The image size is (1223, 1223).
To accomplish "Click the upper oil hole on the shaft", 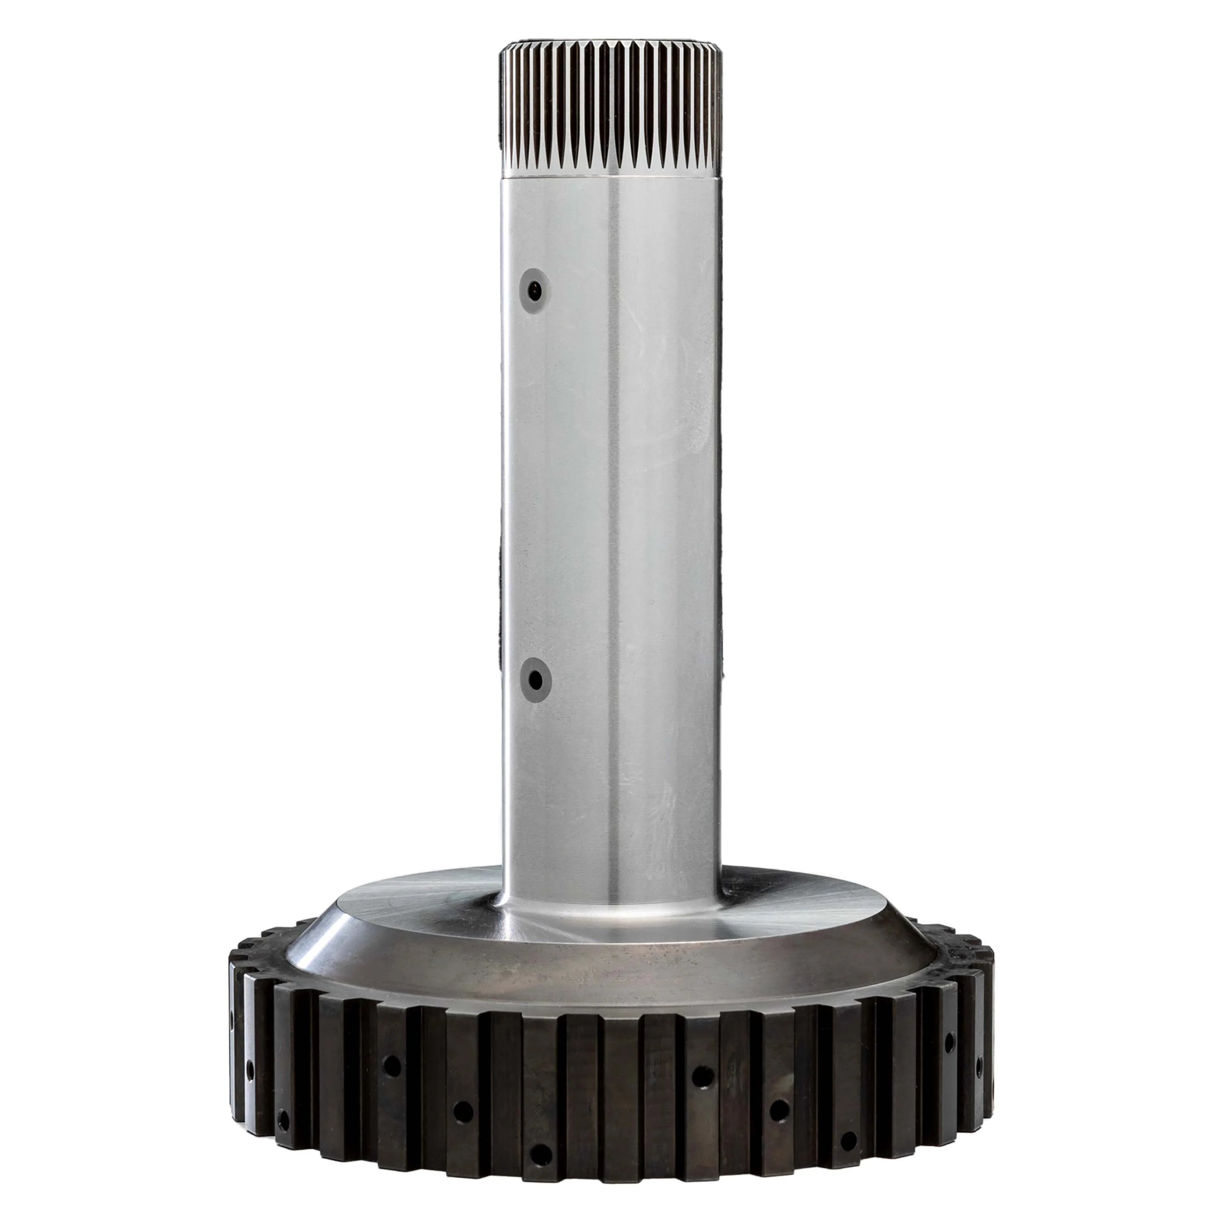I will [x=536, y=291].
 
